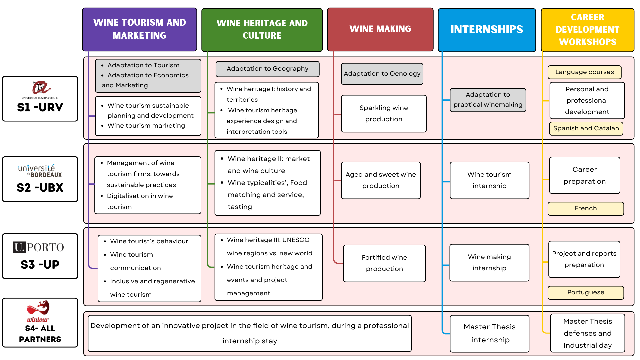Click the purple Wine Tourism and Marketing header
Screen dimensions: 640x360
coord(140,29)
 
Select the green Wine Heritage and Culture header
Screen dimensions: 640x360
coord(262,30)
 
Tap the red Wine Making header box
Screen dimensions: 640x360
coord(380,29)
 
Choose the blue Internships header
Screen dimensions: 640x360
coord(487,30)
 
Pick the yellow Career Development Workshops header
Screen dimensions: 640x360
coord(587,30)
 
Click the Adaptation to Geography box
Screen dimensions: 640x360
coord(267,69)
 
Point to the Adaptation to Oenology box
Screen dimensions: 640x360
coord(382,74)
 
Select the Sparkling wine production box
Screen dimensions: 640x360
coord(384,114)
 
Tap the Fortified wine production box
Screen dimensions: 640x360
coord(384,263)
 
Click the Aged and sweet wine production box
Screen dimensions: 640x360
coord(381,180)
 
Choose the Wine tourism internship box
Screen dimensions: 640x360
coord(489,180)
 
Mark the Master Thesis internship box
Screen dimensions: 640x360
coord(489,333)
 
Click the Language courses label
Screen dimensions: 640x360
coord(584,72)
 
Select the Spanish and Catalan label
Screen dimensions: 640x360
coord(586,128)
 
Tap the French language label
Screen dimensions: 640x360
coord(586,208)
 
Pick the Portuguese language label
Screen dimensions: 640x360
coord(586,292)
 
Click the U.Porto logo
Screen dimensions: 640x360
coord(38,247)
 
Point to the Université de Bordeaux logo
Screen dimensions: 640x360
coord(40,171)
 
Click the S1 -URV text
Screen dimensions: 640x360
coord(40,107)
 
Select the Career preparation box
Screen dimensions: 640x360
coord(585,175)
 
